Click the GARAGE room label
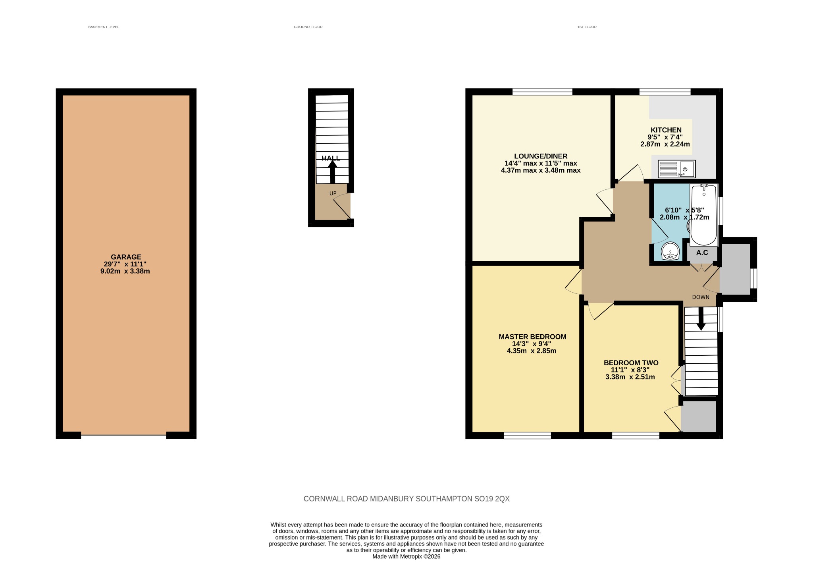coord(126,257)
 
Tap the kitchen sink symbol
coord(676,169)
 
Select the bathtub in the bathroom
coord(704,215)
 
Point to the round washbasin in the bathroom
coord(670,251)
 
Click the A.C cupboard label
coord(702,253)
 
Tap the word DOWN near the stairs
coord(701,297)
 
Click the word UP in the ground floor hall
coord(333,194)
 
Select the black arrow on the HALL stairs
coord(333,172)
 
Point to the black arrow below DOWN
coord(701,319)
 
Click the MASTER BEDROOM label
coord(532,337)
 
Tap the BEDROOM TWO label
coord(631,362)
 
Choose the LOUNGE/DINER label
coord(541,156)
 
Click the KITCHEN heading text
coord(666,130)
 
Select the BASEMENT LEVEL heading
coord(104,27)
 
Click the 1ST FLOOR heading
coord(587,27)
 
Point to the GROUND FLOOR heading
coord(308,27)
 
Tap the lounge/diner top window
coord(542,92)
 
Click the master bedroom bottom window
coord(528,436)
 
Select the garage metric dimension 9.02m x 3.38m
coord(125,272)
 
